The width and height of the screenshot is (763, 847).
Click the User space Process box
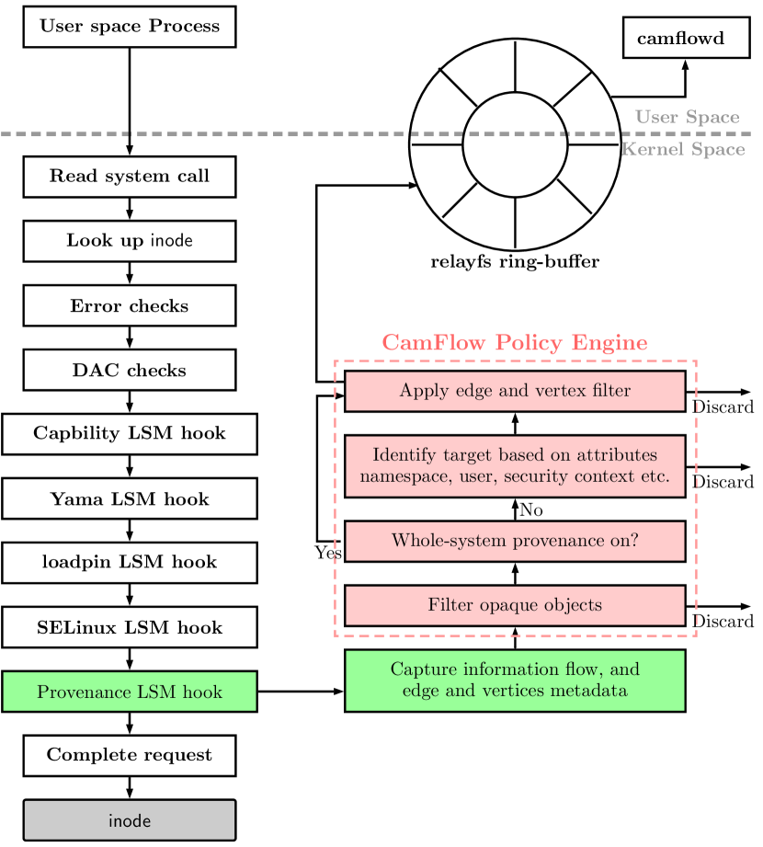130,27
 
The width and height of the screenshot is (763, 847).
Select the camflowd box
687,38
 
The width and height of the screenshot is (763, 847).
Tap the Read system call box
130,177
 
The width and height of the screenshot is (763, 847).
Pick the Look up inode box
130,241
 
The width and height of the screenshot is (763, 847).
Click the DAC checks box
130,370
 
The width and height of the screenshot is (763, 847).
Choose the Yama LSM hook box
130,498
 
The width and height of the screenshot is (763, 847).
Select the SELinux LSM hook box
130,627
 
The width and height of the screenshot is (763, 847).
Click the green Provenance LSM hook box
130,692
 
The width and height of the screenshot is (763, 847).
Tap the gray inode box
130,820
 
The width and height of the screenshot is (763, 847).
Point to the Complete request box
130,756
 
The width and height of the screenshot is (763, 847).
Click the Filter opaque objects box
515,605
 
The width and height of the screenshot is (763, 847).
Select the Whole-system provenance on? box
515,542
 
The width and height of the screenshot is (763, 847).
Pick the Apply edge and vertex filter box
515,391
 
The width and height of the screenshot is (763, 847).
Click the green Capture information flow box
515,681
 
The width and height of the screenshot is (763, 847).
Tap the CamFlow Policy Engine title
515,342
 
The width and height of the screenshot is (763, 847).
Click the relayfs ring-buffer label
515,262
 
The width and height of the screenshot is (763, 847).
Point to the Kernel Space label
684,149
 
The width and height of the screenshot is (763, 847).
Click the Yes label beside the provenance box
328,553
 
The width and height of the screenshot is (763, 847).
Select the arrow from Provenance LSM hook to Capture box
301,692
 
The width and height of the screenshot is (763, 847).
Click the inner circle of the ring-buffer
515,92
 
